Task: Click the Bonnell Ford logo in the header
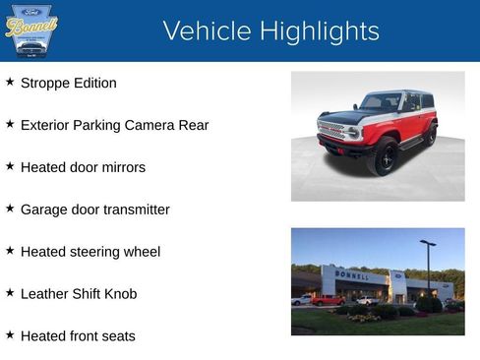click(x=30, y=30)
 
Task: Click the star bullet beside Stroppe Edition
click(x=10, y=83)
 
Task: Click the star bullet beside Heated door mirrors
click(x=10, y=167)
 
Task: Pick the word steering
click(x=96, y=252)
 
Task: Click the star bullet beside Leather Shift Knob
click(x=10, y=293)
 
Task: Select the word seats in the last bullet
click(x=117, y=336)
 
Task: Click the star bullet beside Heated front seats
click(x=10, y=335)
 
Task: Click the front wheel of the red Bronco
click(x=382, y=156)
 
